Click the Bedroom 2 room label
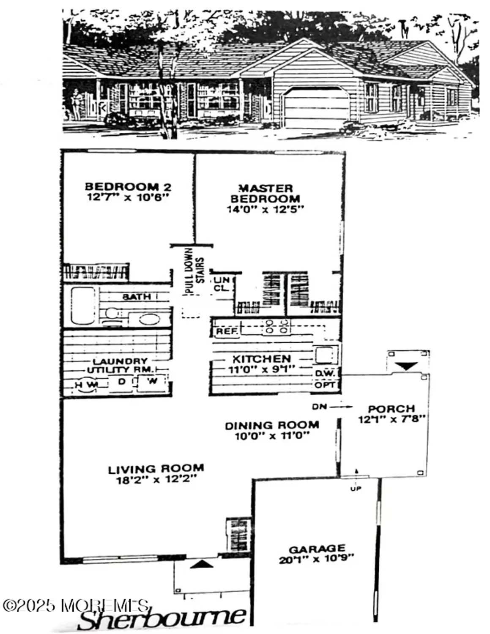click(x=128, y=186)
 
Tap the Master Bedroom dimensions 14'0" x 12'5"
click(x=266, y=209)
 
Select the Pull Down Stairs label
click(x=194, y=271)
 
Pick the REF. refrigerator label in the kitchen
click(x=226, y=331)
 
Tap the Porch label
click(x=391, y=409)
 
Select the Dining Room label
click(x=272, y=425)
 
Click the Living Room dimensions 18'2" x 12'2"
click(x=156, y=480)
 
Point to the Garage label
click(x=317, y=549)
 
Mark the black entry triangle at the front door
click(x=202, y=564)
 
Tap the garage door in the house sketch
click(x=316, y=107)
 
